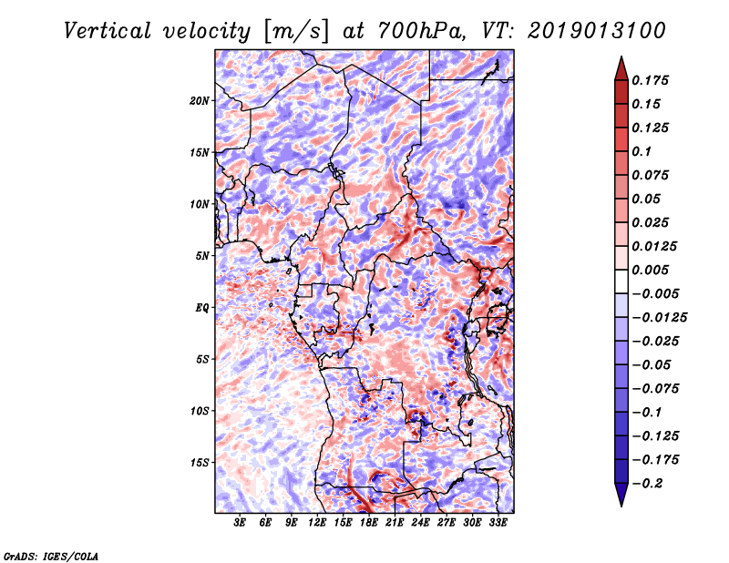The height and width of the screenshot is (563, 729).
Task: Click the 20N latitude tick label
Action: pos(200,101)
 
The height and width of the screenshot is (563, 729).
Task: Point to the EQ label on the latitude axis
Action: pos(202,308)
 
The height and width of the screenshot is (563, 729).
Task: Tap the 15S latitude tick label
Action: pos(200,463)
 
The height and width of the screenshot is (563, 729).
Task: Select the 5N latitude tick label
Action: pos(202,256)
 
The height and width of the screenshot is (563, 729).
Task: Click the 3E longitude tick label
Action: pos(240,523)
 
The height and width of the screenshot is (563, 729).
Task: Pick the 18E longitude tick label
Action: pos(369,523)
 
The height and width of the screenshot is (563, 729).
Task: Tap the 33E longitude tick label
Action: pos(498,523)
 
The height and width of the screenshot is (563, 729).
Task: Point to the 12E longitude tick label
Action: pos(317,523)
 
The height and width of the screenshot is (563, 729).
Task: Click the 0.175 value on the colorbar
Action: pos(650,80)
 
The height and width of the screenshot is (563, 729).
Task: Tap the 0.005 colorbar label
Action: pos(650,270)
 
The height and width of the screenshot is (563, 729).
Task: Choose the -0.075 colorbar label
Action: pos(655,389)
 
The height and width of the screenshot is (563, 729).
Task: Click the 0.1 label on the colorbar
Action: pos(642,151)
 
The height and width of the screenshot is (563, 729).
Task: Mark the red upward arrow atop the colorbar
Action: pos(621,69)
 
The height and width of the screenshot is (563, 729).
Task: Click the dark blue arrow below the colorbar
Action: pos(621,495)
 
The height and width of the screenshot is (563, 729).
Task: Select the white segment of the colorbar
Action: pos(621,281)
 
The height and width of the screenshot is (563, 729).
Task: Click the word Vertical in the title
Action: pos(108,31)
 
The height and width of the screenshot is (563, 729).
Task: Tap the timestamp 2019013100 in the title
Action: pos(597,31)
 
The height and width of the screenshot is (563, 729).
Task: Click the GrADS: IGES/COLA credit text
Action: pos(51,557)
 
